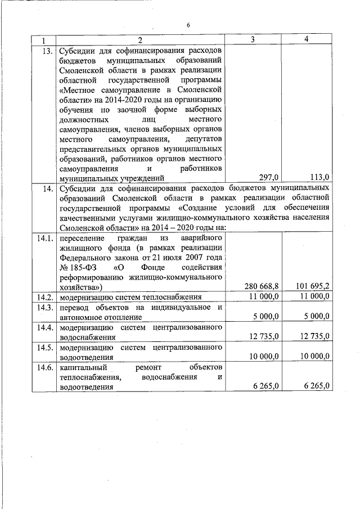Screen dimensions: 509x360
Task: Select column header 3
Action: (253, 39)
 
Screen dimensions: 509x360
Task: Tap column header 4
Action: (307, 39)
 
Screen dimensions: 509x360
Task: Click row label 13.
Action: (45, 50)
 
